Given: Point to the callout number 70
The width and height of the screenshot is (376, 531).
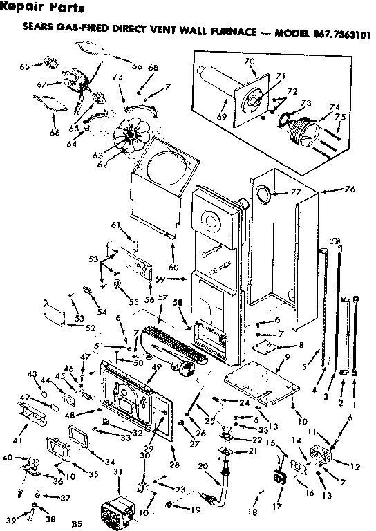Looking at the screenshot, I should (x=250, y=62).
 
